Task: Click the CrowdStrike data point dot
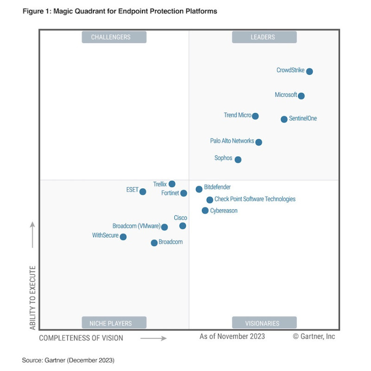tap(309, 71)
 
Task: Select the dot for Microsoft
tap(301, 96)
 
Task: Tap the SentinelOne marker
tap(284, 119)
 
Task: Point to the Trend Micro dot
tap(255, 116)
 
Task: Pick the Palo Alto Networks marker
tap(259, 142)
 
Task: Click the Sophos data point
tap(238, 160)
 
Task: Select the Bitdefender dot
tap(199, 189)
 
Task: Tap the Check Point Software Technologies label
tap(255, 199)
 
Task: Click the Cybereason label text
tap(224, 211)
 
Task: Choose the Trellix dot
tap(172, 184)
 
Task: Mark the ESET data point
tap(143, 192)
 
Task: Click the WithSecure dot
tap(123, 237)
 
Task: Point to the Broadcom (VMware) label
tap(136, 226)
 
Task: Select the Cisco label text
tap(180, 218)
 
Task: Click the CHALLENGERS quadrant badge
tap(114, 37)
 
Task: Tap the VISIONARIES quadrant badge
tap(264, 323)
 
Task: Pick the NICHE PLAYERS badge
tap(114, 323)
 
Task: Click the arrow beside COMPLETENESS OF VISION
tap(154, 339)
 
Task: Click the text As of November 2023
tap(232, 337)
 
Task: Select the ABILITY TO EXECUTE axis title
tap(33, 298)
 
